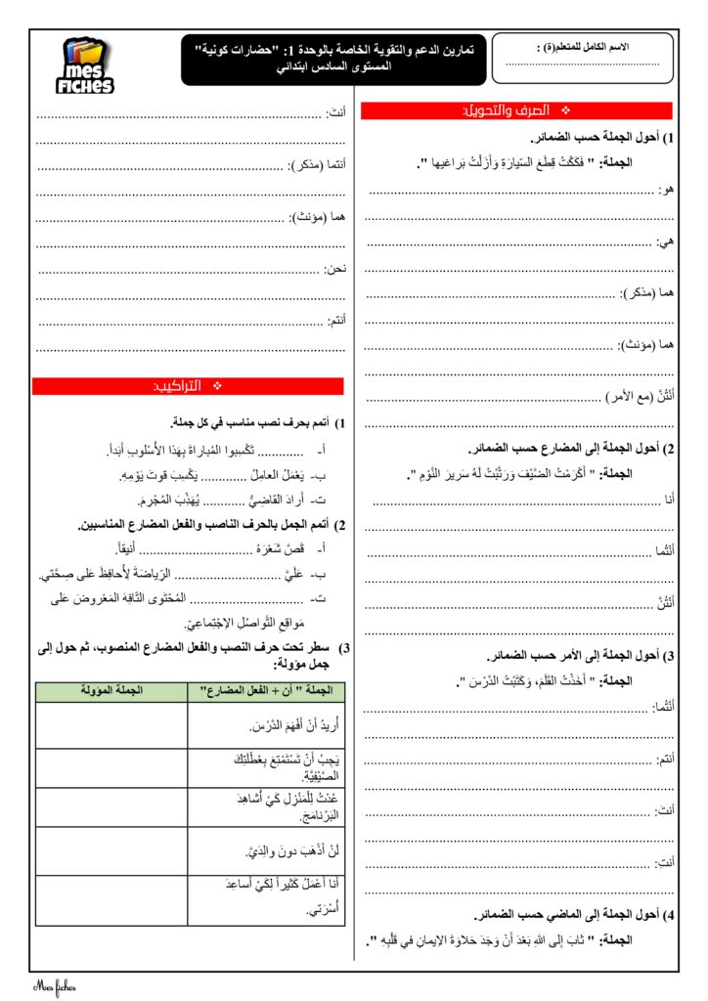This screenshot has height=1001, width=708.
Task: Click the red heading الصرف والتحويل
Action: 516,111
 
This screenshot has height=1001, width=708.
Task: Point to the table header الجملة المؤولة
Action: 111,691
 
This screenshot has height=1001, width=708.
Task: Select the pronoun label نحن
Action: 334,267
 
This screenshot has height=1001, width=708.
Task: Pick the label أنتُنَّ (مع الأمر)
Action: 636,395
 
